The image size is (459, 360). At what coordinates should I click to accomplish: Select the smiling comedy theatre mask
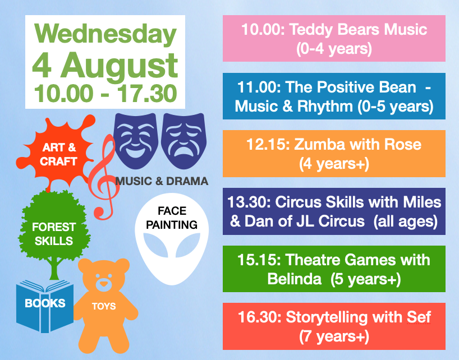point(135,138)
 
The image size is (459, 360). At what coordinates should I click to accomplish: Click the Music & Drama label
point(162,181)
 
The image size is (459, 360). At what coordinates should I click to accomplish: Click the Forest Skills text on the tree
point(54,234)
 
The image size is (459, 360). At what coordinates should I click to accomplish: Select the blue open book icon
point(44,305)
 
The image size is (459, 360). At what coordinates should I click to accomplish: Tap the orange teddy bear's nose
point(102,284)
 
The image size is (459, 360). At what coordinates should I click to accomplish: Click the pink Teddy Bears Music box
point(334,39)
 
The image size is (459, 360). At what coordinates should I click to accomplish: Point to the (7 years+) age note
point(334,336)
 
